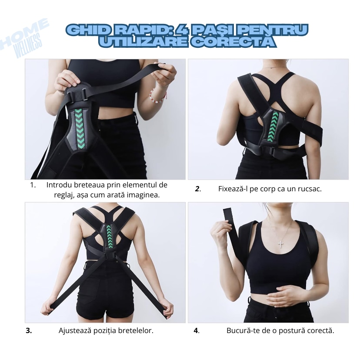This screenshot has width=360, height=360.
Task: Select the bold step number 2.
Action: click(x=197, y=189)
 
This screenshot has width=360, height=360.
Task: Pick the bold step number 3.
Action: click(x=29, y=330)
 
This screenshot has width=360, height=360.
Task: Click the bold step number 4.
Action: click(x=196, y=330)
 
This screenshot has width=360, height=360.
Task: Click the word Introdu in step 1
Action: click(x=59, y=185)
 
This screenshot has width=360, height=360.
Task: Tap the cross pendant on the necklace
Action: click(x=281, y=244)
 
